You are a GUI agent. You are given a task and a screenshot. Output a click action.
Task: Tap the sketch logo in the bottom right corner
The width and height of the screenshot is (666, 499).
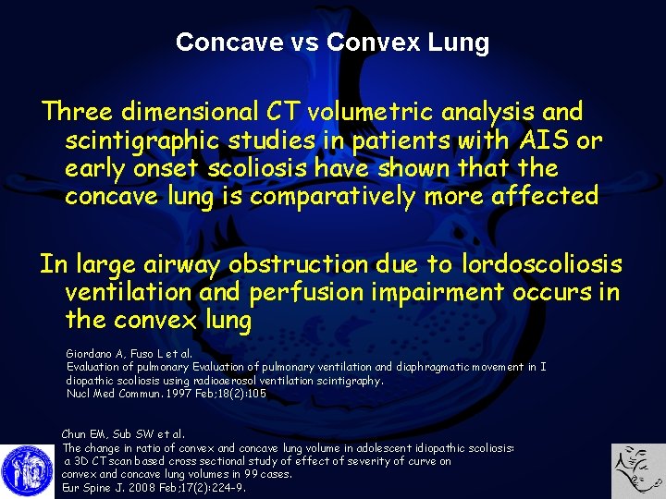[638, 470]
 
